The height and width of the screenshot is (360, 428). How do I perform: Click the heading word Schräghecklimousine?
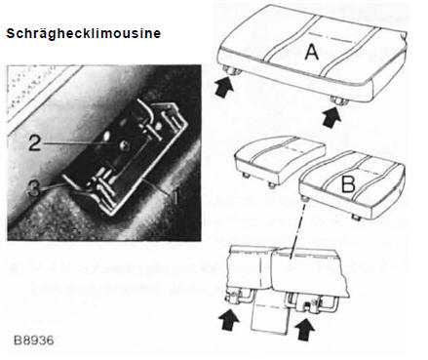coord(84,34)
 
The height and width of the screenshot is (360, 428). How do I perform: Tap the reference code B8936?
coord(34,340)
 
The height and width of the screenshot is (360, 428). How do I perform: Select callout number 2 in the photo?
coord(34,143)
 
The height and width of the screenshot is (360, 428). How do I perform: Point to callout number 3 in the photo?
coord(33,187)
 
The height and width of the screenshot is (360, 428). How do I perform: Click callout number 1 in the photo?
coord(175,196)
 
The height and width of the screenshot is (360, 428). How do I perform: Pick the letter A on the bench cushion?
coord(312,52)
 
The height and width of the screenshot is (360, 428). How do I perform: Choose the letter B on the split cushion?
coord(348,185)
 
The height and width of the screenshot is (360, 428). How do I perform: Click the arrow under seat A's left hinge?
coord(224,87)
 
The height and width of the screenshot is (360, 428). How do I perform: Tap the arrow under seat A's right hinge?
coord(331,118)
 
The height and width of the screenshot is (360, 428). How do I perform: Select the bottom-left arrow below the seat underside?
coord(229,320)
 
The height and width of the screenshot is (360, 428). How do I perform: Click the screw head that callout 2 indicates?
coord(125,145)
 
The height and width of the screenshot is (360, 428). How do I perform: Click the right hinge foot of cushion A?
coord(339,100)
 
